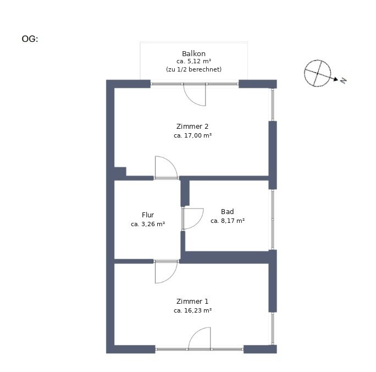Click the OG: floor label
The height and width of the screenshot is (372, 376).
[x=30, y=39]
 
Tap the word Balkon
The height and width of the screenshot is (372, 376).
[x=193, y=53]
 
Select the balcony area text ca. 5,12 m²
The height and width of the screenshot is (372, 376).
[x=193, y=61]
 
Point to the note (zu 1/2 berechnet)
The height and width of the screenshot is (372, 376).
[x=193, y=69]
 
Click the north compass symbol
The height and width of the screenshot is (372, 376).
[x=318, y=73]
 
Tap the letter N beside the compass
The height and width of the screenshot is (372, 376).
[x=344, y=81]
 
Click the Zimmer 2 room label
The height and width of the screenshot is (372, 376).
[x=192, y=126]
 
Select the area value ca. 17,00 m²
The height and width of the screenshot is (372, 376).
[x=192, y=135]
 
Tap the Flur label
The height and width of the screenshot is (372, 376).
[x=148, y=215]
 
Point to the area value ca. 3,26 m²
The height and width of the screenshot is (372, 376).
[x=148, y=224]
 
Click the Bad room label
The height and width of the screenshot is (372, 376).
[x=228, y=212]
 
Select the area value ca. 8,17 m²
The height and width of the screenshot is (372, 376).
[x=228, y=221]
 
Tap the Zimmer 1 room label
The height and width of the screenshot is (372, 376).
[x=192, y=301]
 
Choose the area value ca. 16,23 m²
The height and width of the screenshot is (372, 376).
[x=192, y=310]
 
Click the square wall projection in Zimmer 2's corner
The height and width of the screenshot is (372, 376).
[x=120, y=172]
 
